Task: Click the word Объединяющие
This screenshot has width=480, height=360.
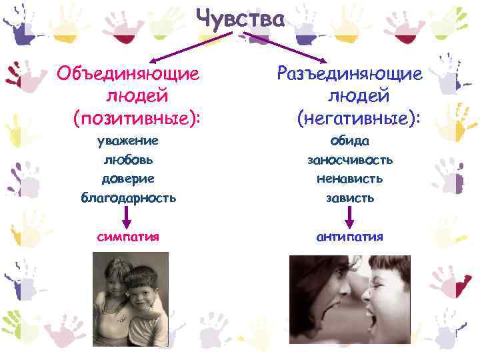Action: point(129,73)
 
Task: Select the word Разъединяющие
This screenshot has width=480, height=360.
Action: point(350,73)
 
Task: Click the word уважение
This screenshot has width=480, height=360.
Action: point(129,141)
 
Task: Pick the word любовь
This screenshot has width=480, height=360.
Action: point(129,160)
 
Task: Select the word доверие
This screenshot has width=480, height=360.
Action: point(128,179)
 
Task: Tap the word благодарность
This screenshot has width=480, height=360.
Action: point(129,197)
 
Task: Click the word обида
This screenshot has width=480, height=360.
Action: point(350,141)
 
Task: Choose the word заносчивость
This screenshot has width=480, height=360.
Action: point(350,160)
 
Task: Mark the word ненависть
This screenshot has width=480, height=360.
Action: point(350,179)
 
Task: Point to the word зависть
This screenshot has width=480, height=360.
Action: point(350,197)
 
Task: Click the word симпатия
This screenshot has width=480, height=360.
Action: point(128,236)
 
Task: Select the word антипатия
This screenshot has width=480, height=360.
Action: point(351,236)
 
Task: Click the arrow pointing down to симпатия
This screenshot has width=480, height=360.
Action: point(128,216)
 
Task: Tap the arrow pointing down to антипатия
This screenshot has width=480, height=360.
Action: point(350,216)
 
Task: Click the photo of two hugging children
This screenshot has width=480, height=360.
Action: point(131,302)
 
